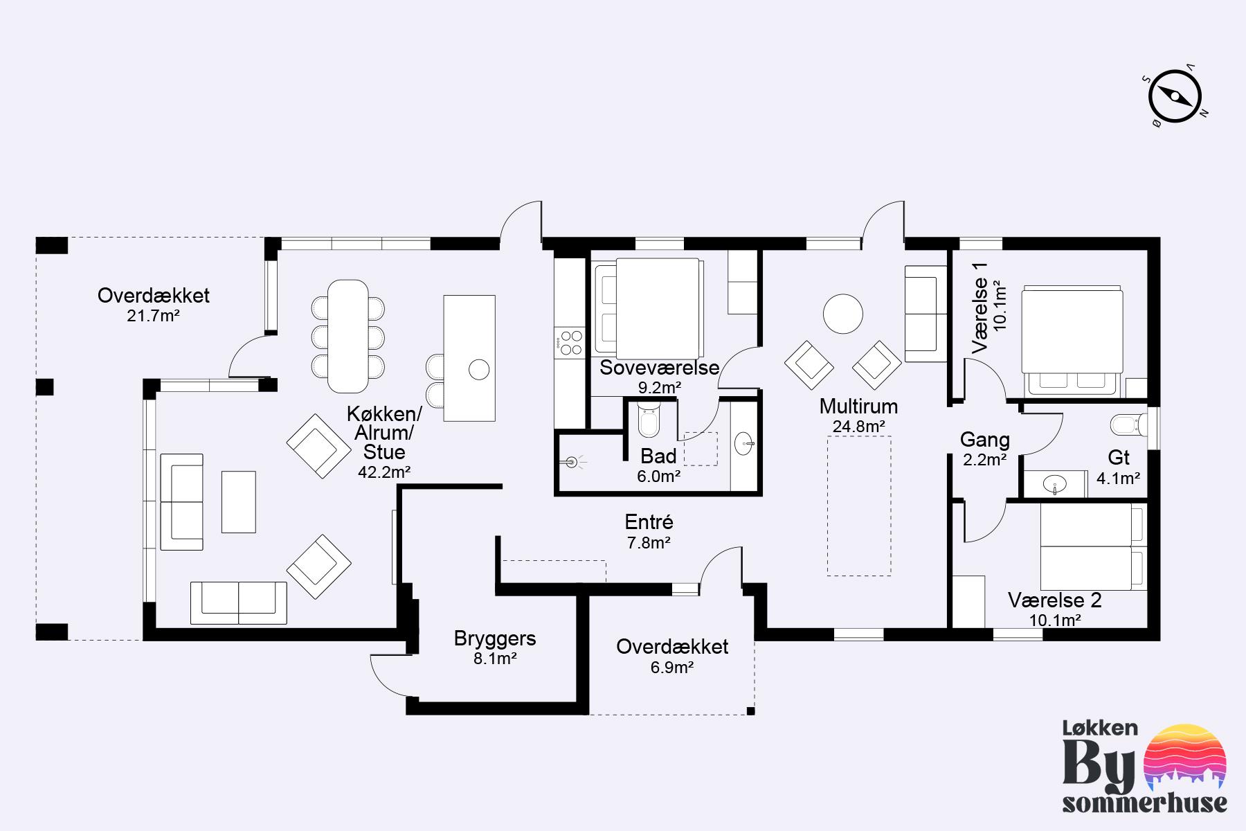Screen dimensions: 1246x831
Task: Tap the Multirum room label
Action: pos(858,406)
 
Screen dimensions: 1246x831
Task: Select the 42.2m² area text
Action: pos(384,473)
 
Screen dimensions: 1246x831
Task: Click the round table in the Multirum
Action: pos(842,314)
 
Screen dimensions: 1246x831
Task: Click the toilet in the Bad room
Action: pos(649,420)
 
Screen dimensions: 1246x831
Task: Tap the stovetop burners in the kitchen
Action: pos(571,343)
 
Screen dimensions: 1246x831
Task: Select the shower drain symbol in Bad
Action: pos(572,461)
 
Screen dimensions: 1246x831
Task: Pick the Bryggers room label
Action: pos(495,638)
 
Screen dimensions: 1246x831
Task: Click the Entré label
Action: pos(649,523)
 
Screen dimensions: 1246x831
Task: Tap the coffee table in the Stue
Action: pos(239,502)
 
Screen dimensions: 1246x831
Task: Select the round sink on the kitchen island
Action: pos(479,370)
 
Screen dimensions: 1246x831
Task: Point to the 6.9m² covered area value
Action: pos(672,668)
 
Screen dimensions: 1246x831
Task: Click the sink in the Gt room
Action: pos(1054,484)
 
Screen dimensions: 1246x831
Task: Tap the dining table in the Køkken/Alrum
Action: pos(349,336)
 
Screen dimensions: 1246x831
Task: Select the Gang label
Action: pos(985,440)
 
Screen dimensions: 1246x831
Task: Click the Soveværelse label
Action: pos(660,368)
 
